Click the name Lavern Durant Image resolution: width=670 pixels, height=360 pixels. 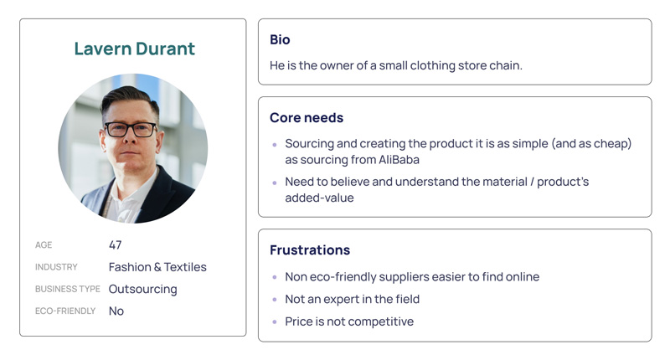pos(135,49)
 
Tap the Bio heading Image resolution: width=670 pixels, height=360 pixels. pos(280,39)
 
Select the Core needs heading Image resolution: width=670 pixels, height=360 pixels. pos(307,117)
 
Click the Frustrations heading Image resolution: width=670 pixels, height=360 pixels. pos(310,249)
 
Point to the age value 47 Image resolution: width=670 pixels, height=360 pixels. pos(116,244)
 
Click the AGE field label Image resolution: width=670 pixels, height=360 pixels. pos(44,245)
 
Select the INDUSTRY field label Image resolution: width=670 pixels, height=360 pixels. pos(56,267)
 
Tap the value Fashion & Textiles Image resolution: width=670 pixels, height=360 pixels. pos(157,267)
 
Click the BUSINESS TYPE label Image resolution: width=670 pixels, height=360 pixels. pos(68,289)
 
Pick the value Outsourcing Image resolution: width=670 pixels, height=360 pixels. pos(142,290)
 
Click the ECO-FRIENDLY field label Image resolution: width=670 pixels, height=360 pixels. pos(65,311)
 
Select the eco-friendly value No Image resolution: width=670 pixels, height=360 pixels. pos(116,311)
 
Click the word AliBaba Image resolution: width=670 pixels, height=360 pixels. pos(399,160)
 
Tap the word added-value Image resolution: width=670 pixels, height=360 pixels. pos(320,198)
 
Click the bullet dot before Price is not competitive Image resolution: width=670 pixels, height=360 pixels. pos(275,322)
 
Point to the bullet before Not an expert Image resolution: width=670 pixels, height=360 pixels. pos(275,300)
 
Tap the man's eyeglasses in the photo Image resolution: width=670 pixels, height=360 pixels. pos(131,130)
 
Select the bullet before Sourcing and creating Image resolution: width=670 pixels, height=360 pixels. pos(275,145)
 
